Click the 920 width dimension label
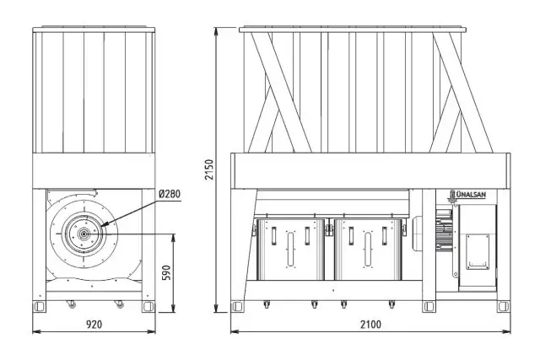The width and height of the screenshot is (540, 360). (x=94, y=325)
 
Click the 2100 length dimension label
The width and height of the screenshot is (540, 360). (x=370, y=325)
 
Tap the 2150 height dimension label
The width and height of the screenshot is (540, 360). (x=209, y=169)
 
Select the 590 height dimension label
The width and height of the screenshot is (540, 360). (x=166, y=273)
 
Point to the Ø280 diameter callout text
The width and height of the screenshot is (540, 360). (x=170, y=194)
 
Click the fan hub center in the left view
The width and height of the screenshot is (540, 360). (x=84, y=234)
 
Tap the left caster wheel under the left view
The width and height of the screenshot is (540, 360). (x=71, y=304)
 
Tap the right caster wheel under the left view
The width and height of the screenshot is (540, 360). (x=119, y=304)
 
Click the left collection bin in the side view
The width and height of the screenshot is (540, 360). (x=290, y=250)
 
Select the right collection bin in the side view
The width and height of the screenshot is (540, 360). (x=368, y=250)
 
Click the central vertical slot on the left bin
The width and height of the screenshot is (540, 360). (x=290, y=250)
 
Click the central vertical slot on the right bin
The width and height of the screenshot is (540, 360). (x=368, y=250)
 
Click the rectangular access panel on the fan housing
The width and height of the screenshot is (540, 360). (x=478, y=252)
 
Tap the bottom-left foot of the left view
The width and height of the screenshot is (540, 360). (x=39, y=306)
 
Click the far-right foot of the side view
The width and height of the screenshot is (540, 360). (x=504, y=306)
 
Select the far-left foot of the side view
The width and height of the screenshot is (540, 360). (x=237, y=306)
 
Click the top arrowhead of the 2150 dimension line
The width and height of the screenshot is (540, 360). (x=216, y=28)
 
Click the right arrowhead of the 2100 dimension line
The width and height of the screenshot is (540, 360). (x=510, y=332)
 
